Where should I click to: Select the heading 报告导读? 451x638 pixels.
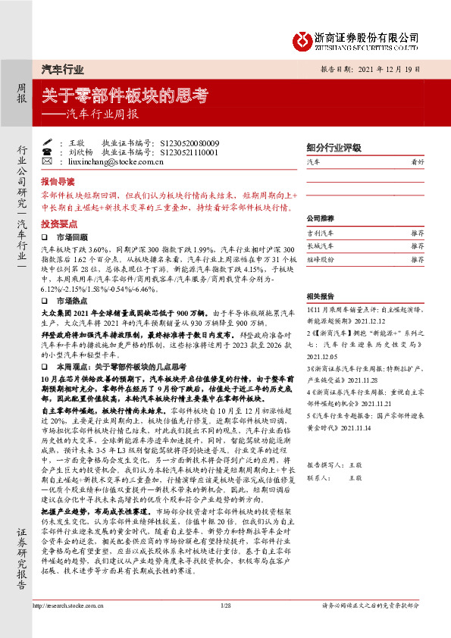click(x=58, y=183)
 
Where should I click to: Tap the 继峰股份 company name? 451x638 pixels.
click(x=320, y=259)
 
